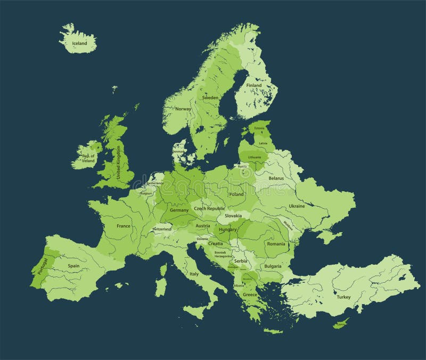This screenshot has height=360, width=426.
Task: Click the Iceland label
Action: coord(76,43)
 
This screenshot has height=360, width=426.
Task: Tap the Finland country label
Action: coord(254,85)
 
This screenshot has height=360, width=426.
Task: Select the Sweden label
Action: coord(210,98)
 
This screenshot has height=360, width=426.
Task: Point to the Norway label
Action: coord(183,109)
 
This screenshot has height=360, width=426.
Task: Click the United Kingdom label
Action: coord(119,163)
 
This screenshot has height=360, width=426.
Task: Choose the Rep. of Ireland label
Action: coord(88,158)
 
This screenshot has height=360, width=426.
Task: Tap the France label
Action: coord(123,226)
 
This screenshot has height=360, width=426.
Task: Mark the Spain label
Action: coord(73,265)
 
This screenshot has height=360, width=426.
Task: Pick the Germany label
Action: coord(179,210)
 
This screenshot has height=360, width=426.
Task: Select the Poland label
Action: coord(236,194)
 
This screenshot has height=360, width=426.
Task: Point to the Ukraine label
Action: coord(297,206)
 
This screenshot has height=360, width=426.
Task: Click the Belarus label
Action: coord(276,178)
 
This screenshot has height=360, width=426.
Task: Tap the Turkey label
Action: coord(343,297)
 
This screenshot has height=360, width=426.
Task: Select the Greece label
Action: coord(250,294)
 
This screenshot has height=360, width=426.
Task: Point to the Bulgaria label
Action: coord(272,266)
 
